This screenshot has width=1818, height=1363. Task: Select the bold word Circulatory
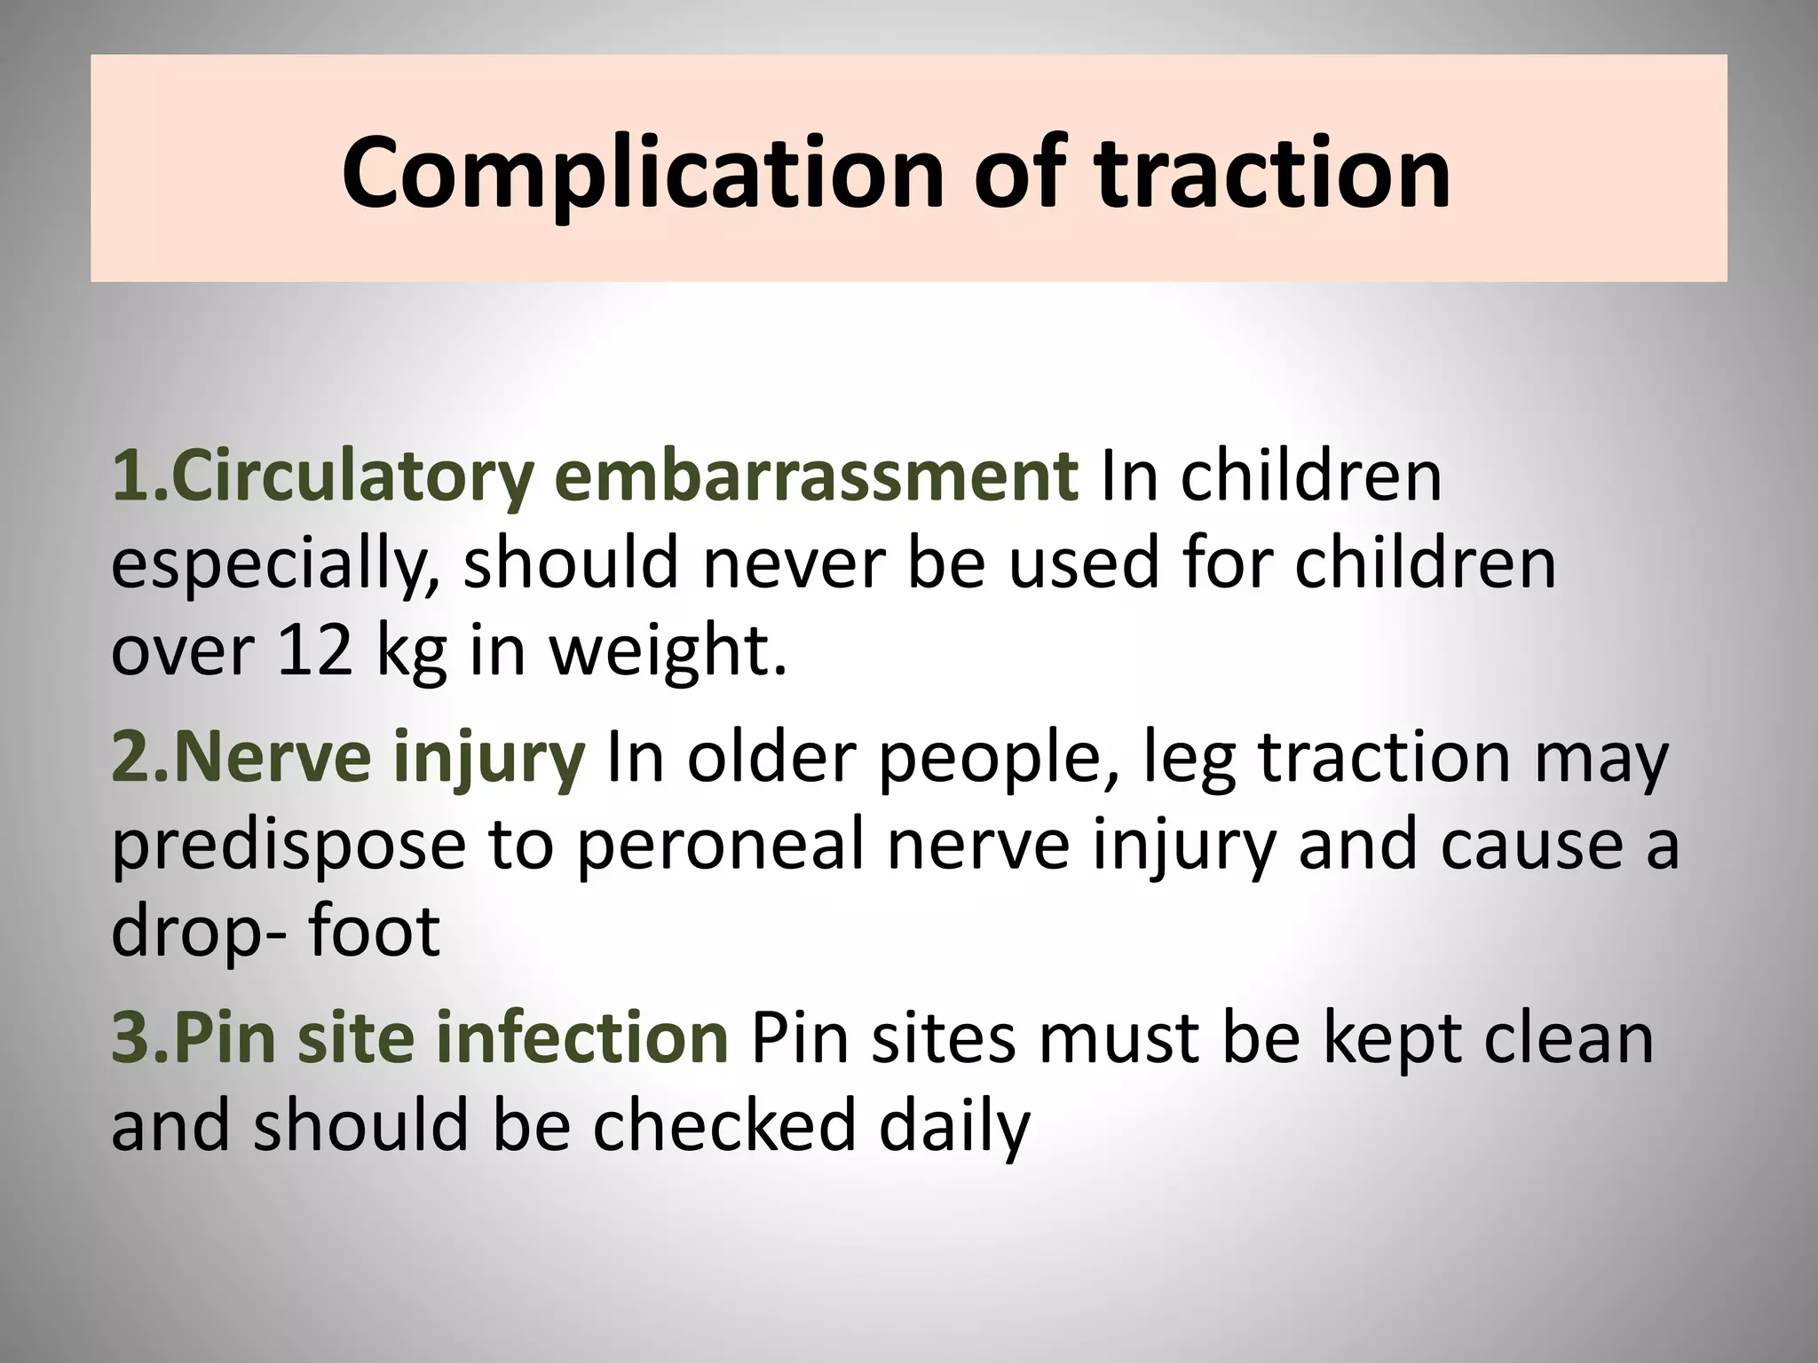[354, 477]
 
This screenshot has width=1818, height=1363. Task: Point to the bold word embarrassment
[816, 477]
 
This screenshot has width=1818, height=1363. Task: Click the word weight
[668, 652]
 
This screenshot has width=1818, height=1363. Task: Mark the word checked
[724, 1125]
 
